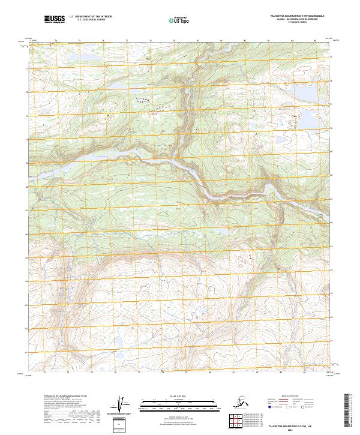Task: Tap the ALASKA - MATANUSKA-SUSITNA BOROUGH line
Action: pyautogui.click(x=295, y=20)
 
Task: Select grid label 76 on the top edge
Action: pyautogui.click(x=103, y=41)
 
